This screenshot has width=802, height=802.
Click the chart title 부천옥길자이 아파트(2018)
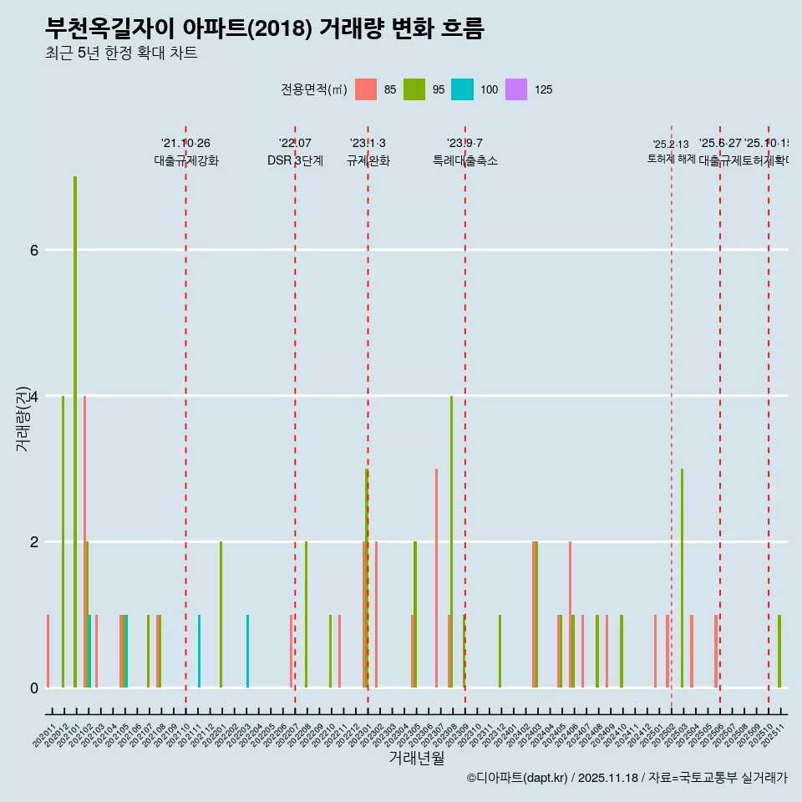(x=264, y=28)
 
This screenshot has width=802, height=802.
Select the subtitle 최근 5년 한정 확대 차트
(x=121, y=53)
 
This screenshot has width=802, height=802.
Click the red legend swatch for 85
(x=366, y=89)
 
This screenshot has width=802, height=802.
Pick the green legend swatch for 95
(x=414, y=89)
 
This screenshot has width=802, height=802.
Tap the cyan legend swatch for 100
(x=462, y=89)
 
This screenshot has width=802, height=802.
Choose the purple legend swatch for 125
(x=516, y=89)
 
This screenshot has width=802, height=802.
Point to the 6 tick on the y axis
(x=33, y=250)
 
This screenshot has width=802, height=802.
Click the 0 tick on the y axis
(x=33, y=688)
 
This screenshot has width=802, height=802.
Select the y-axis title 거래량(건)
(x=23, y=418)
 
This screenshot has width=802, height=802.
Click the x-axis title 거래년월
(x=416, y=758)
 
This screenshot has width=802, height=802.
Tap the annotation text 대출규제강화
(x=186, y=161)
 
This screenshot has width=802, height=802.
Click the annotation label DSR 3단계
(x=295, y=160)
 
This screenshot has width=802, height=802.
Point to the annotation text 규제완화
(x=368, y=161)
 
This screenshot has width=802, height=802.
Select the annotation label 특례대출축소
(x=464, y=161)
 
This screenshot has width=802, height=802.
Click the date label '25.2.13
(x=671, y=145)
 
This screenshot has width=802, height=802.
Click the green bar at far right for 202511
(x=779, y=651)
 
